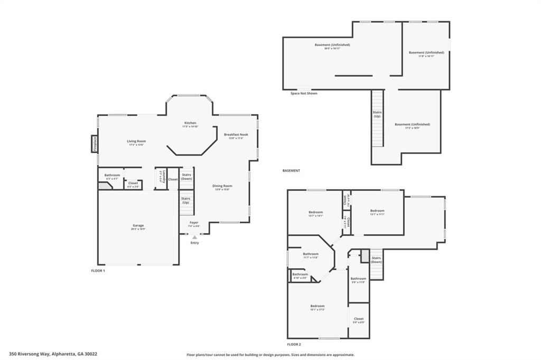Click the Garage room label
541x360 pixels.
(138, 226)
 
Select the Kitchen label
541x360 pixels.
(190, 123)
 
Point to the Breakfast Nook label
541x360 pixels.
(236, 134)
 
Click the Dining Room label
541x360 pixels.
(222, 186)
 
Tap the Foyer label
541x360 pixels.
(194, 223)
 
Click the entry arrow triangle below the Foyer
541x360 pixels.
(194, 237)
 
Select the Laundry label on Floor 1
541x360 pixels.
(164, 176)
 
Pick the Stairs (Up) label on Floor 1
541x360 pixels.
(186, 200)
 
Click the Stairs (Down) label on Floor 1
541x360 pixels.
(186, 177)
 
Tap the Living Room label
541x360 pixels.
(136, 141)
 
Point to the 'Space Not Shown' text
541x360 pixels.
(304, 93)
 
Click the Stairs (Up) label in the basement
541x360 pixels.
(377, 114)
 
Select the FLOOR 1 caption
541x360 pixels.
(98, 271)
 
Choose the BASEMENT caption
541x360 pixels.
(291, 171)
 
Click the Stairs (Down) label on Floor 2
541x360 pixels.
(376, 260)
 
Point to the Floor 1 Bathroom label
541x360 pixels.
(112, 175)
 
